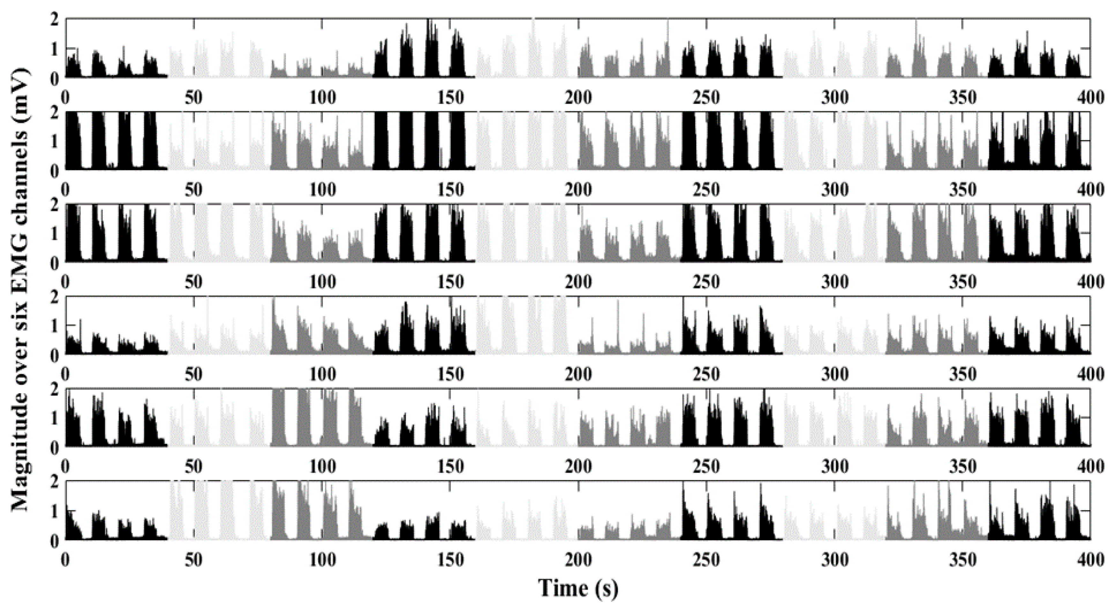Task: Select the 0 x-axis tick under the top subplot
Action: click(66, 98)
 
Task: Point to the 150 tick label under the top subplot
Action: click(450, 98)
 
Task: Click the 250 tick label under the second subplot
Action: click(706, 190)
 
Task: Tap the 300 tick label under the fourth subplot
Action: click(834, 375)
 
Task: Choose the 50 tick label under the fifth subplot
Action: click(194, 467)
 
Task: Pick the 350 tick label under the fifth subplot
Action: click(963, 467)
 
